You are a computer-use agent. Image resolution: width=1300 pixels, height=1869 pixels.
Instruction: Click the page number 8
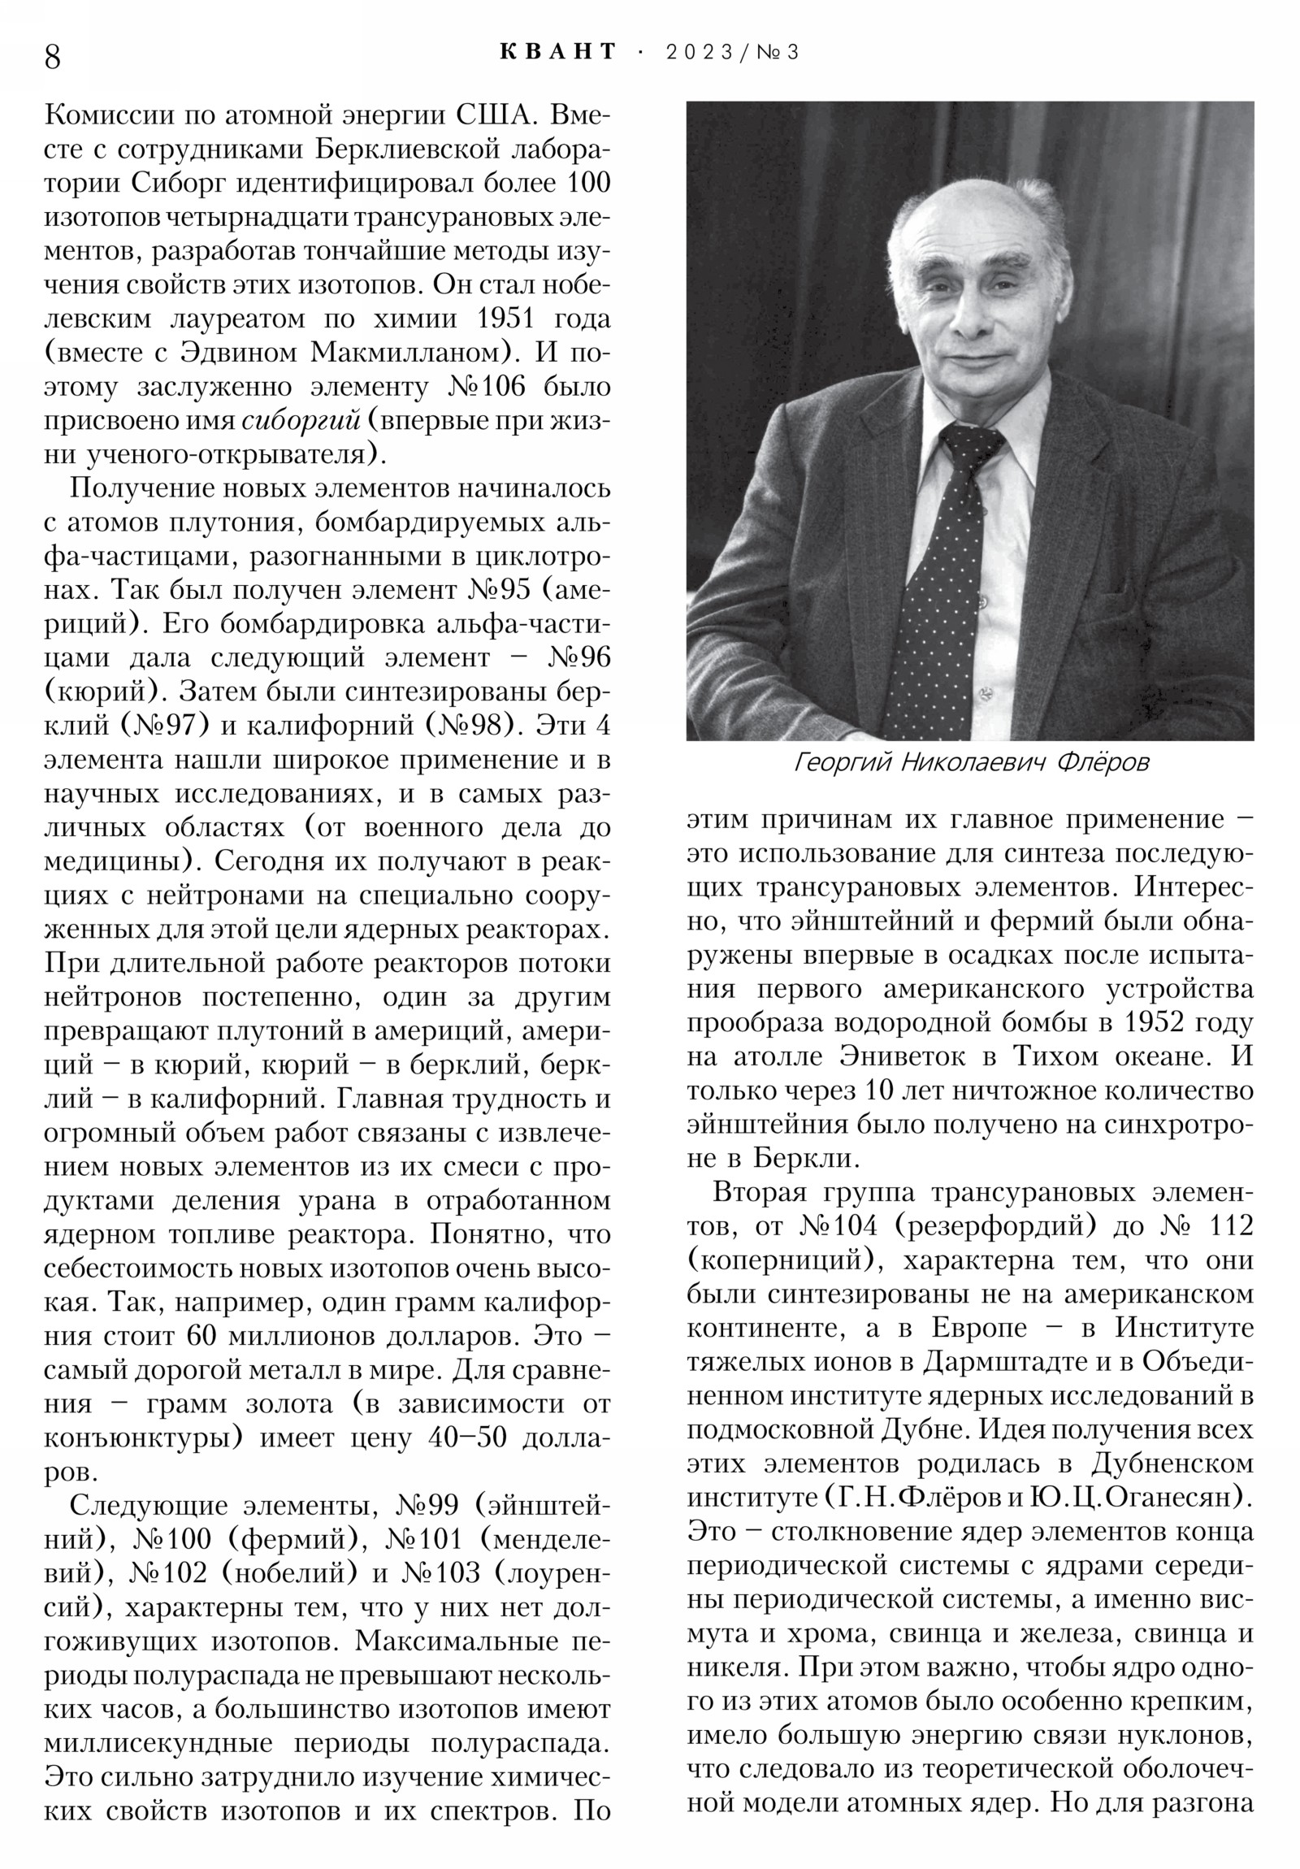(x=52, y=57)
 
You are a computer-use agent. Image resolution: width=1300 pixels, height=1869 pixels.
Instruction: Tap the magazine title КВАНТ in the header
(x=557, y=52)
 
